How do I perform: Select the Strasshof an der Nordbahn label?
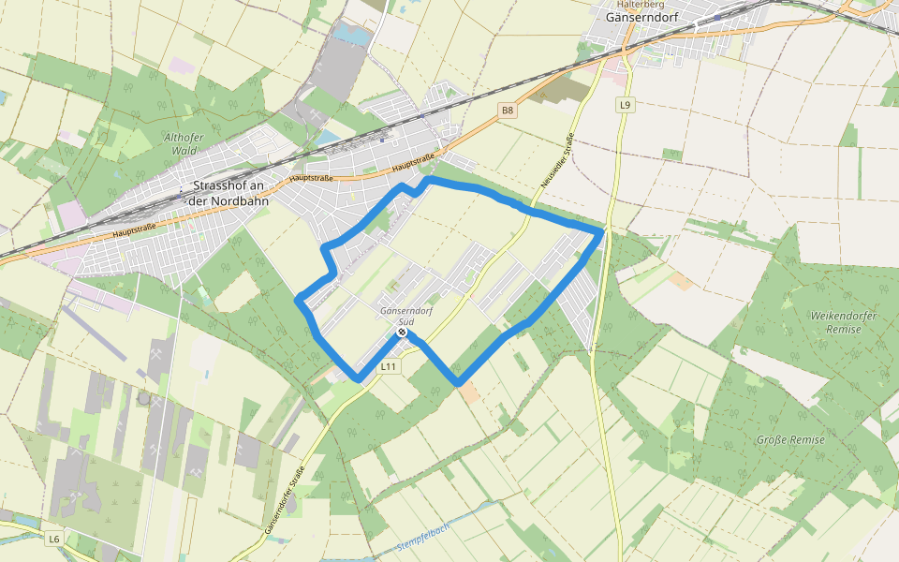click(229, 193)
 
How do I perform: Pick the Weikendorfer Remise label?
click(843, 322)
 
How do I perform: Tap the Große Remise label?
click(791, 439)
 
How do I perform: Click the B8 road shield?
click(507, 111)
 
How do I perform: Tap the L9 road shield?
click(624, 105)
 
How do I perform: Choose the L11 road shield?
click(391, 367)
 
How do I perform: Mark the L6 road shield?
click(54, 539)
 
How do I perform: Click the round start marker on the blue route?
click(402, 333)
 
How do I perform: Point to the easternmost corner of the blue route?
click(601, 230)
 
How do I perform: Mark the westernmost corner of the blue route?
click(299, 301)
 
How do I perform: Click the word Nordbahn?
click(242, 200)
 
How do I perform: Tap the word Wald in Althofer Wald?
click(184, 151)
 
